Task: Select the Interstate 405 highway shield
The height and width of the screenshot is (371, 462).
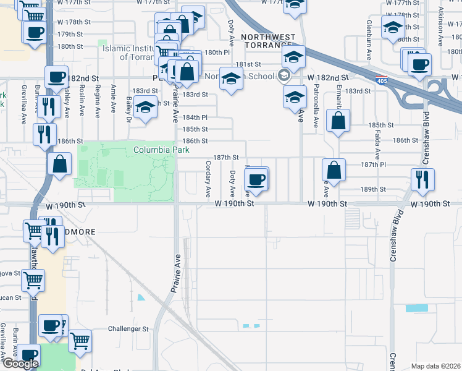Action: click(382, 80)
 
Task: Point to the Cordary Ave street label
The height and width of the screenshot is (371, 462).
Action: click(208, 178)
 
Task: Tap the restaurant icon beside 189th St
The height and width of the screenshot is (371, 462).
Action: click(422, 180)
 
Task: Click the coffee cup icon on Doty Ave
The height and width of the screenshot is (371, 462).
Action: click(256, 180)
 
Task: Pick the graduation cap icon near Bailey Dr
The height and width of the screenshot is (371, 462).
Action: click(146, 108)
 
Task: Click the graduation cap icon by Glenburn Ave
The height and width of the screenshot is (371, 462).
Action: click(392, 28)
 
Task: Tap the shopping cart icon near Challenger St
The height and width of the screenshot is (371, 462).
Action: click(80, 340)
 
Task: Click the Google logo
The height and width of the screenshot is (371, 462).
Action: click(20, 364)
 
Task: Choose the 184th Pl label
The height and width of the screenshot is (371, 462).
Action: click(195, 117)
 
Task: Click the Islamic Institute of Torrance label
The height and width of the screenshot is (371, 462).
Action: click(133, 53)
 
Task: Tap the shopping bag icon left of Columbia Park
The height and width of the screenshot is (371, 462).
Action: click(59, 165)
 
